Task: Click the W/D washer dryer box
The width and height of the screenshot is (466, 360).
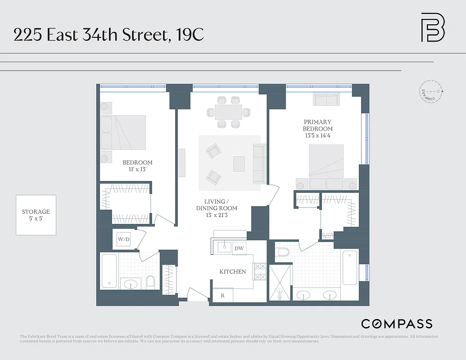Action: click(123, 239)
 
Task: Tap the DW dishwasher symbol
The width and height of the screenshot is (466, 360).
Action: click(239, 248)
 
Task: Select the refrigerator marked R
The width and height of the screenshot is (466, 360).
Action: click(222, 296)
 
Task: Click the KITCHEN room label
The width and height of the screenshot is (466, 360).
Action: click(232, 271)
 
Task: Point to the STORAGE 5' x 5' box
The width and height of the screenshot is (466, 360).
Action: click(36, 215)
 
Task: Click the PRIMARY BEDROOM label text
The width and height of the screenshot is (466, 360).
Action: click(317, 125)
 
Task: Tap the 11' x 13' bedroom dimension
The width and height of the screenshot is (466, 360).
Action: click(137, 170)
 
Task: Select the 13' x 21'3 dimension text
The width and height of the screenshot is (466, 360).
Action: click(217, 215)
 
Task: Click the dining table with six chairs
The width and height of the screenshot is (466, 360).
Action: click(229, 111)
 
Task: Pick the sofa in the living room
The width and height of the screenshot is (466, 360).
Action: click(259, 164)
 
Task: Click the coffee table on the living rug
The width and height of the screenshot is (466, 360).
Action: click(239, 163)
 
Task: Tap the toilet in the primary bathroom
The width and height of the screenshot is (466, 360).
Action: click(282, 252)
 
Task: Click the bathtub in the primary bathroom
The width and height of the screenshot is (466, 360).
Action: click(350, 268)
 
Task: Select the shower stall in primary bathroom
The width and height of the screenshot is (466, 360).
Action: click(280, 282)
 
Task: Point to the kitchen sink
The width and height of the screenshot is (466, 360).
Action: click(222, 247)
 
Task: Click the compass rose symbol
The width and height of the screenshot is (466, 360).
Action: click(432, 91)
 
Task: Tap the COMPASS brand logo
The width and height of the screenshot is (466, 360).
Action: click(397, 324)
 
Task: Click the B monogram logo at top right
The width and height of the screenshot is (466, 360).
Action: click(433, 27)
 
